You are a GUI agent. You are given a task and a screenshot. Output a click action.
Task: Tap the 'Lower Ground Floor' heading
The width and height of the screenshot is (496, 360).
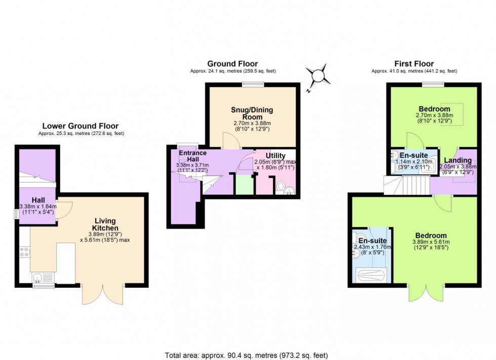click(80, 126)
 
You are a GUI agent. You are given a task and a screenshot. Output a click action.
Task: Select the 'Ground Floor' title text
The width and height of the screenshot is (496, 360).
click(232, 64)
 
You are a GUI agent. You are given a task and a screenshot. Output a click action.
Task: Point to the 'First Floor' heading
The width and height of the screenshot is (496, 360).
click(414, 64)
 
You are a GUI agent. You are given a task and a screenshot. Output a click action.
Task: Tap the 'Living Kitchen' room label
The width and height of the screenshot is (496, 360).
click(105, 224)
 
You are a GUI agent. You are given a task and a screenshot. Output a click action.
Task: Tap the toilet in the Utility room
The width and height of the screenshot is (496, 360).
click(281, 188)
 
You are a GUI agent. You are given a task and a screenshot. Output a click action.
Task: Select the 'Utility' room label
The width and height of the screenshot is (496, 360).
click(275, 156)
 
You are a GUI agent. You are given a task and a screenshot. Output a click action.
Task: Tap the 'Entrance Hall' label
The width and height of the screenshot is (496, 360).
click(192, 156)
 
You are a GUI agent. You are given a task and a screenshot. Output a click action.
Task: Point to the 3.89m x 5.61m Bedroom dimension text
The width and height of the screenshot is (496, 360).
click(431, 242)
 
